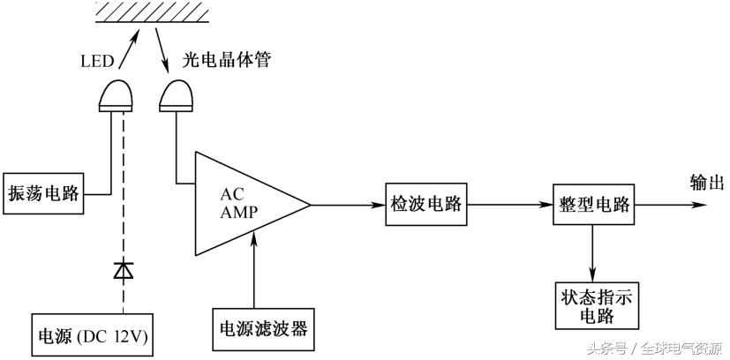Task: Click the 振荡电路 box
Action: (x=43, y=193)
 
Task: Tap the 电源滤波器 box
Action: (x=263, y=328)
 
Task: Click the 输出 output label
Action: (x=706, y=184)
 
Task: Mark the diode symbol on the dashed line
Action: (x=124, y=270)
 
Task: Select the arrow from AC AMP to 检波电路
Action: (x=348, y=206)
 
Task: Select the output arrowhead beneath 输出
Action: (x=699, y=205)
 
